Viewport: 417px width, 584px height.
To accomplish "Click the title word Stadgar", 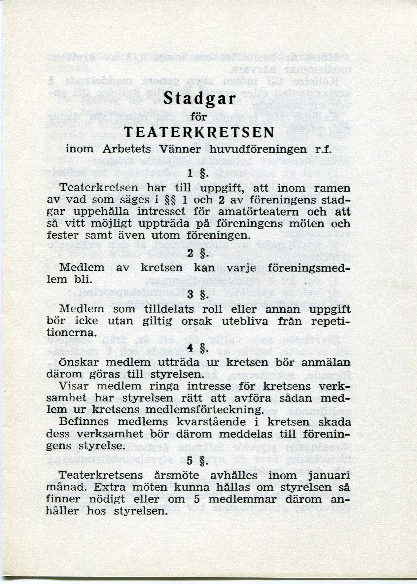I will click(200, 100).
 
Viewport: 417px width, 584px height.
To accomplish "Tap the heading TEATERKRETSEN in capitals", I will click(199, 133).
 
